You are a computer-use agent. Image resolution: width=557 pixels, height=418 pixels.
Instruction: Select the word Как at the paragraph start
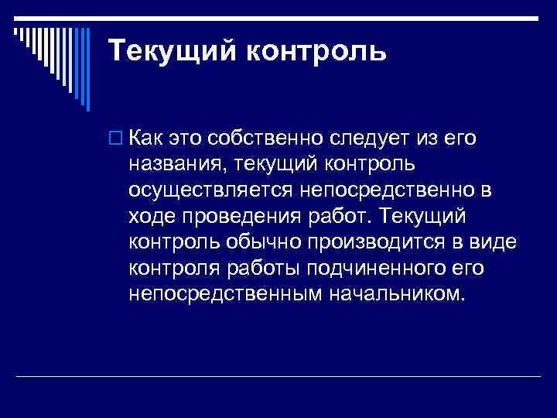click(x=147, y=139)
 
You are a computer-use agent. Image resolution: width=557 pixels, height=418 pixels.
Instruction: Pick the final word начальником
click(x=398, y=294)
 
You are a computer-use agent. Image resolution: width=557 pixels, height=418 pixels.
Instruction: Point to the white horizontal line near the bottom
click(x=278, y=377)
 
